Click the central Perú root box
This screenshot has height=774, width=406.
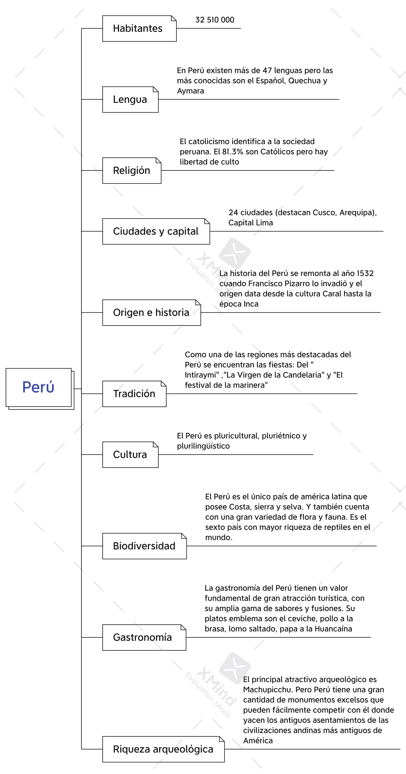point(38,387)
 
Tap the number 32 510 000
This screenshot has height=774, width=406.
point(215,20)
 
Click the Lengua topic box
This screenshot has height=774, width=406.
point(130,99)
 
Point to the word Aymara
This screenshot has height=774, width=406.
point(190,91)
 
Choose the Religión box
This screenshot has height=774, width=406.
point(131,170)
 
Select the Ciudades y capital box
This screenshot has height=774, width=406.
point(156,231)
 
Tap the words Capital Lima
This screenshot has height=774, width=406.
point(250,223)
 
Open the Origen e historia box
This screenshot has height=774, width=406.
point(151,312)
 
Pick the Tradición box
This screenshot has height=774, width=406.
point(134,394)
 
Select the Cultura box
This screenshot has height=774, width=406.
point(130,455)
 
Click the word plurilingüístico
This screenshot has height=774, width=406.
point(203,446)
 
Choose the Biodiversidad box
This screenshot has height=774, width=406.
point(144,546)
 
